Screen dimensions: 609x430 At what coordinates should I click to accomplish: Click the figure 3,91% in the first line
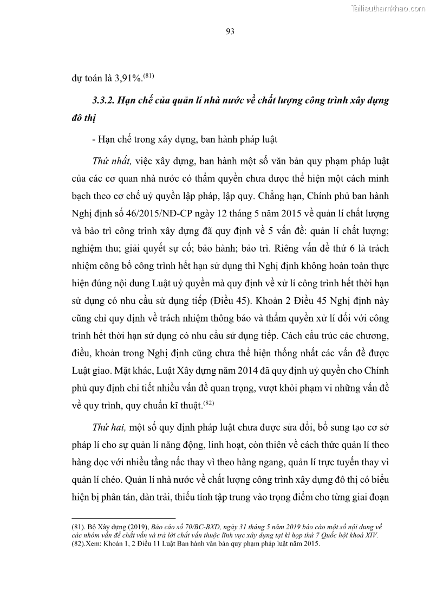click(127, 78)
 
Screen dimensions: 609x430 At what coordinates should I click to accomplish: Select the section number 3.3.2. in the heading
click(107, 101)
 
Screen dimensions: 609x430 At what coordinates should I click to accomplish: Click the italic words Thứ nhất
click(109, 162)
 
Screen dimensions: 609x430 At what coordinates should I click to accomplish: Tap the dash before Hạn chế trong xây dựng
click(94, 139)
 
